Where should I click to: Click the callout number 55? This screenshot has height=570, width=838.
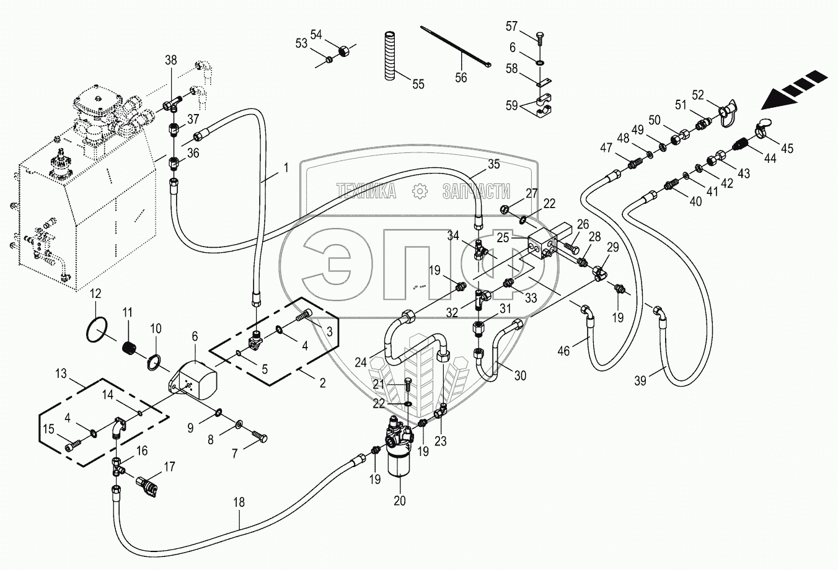pos(418,84)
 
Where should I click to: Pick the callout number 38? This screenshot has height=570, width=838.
pos(170,61)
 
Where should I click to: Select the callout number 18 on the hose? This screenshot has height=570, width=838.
pos(239,502)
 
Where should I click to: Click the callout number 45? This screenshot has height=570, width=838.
pos(787,149)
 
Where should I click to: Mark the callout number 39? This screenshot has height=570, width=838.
pos(640,381)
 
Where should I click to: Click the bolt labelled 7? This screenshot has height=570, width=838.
pos(258,439)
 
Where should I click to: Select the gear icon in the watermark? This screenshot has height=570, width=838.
pos(420,193)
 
